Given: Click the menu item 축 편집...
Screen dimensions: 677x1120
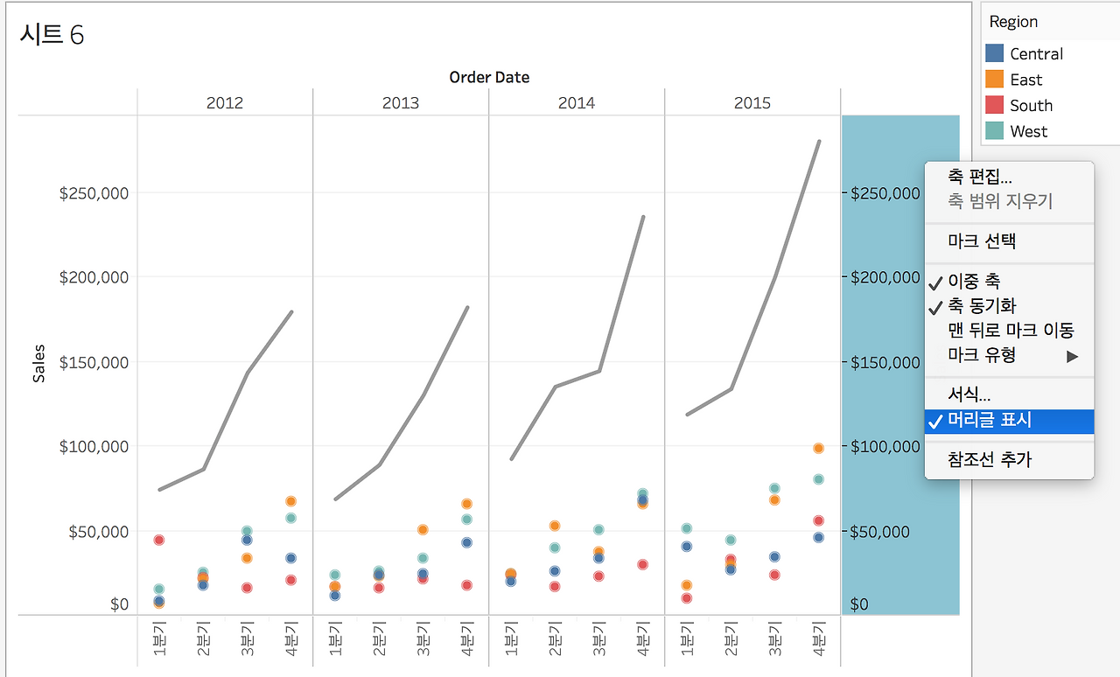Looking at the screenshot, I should pos(979,177).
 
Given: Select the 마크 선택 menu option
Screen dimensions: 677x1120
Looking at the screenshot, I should pos(981,241).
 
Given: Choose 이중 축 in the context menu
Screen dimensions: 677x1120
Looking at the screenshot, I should pos(973,281).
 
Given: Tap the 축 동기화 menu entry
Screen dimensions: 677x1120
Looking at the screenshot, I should pos(982,306).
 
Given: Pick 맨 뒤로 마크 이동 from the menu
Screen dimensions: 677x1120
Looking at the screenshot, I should pos(1010,331).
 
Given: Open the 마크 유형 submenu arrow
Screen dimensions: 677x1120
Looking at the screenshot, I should pos(1072,356).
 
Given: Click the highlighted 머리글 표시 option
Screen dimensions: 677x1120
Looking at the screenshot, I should pos(989,421).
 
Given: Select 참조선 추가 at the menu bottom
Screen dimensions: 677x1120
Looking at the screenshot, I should pos(989,459).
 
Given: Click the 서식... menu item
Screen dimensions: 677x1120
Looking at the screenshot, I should pos(969,395).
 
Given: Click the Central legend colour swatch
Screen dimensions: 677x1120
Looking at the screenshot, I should pos(995,53).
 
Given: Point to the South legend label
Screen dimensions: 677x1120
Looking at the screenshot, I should pos(1031,106).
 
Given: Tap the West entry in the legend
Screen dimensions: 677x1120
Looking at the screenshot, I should pos(1028,132).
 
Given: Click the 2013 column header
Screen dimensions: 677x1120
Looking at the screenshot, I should pos(400,103).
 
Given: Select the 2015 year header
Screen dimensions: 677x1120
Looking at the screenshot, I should pos(752,103).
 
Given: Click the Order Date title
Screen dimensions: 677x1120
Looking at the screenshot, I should pos(489,77).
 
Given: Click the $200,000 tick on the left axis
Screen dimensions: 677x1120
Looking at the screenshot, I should pos(94,277).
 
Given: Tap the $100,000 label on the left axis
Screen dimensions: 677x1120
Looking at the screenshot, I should pos(94,447).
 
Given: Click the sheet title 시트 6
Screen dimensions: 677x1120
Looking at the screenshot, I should pos(51,35).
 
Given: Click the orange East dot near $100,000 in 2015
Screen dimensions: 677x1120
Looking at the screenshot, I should pos(818,449).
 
